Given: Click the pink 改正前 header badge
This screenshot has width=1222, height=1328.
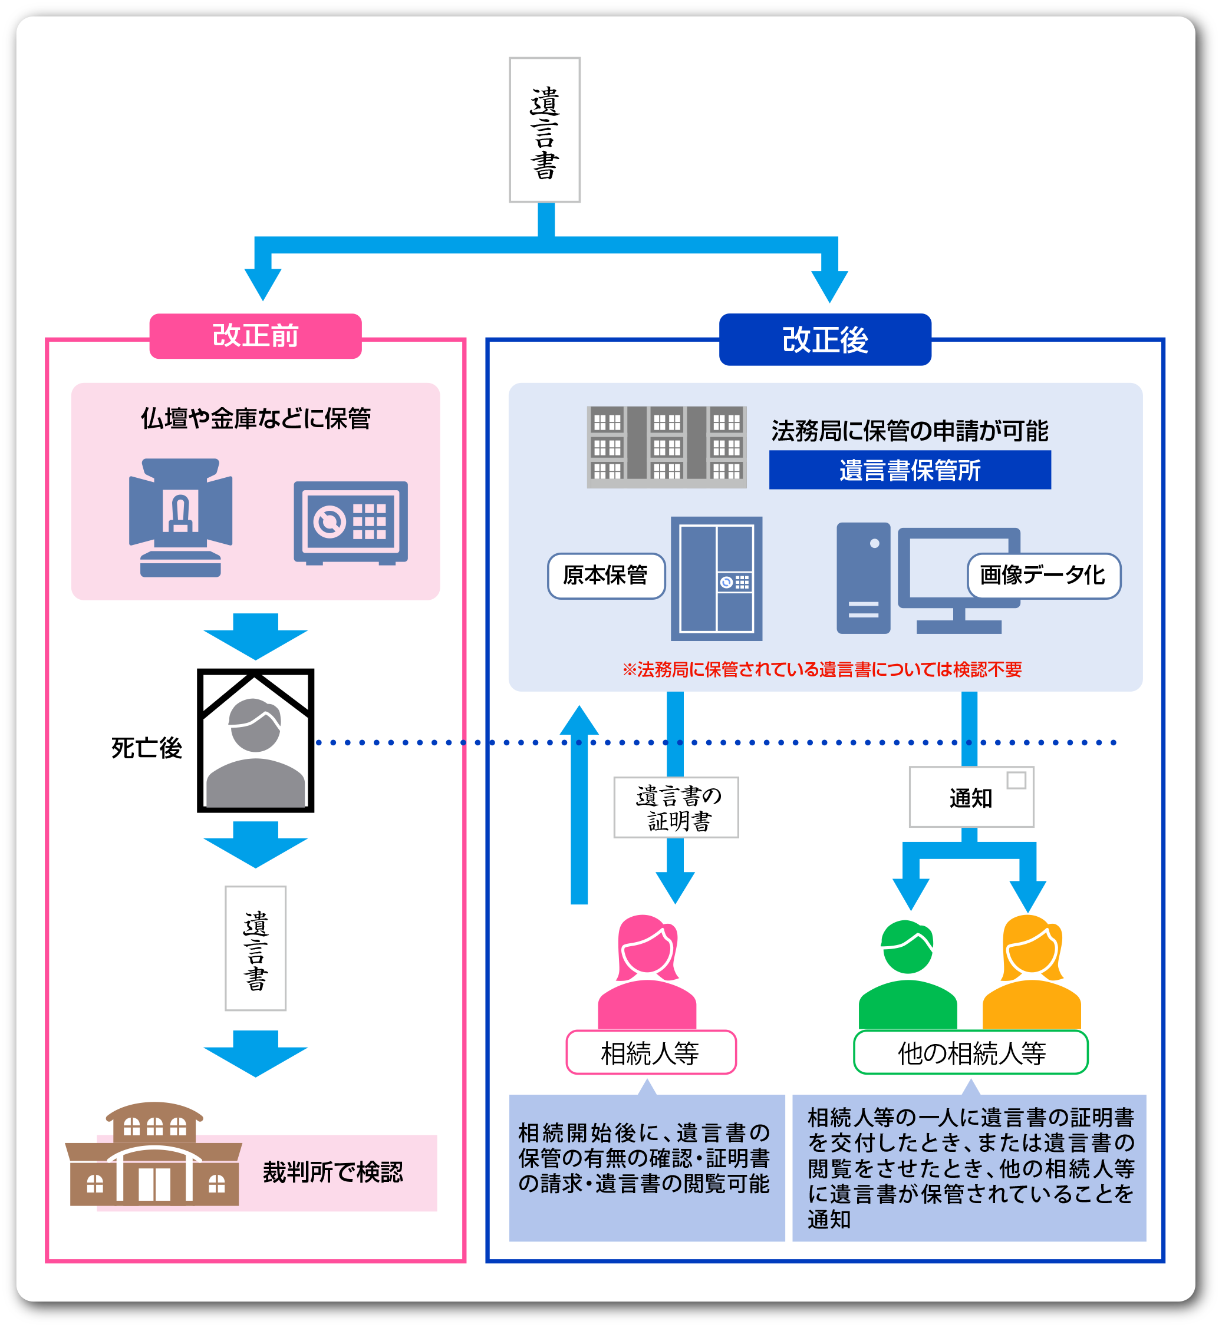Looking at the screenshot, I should (255, 336).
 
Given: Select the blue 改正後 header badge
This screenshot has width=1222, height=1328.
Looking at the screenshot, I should (825, 339).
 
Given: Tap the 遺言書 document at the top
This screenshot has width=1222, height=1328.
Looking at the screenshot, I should (544, 130).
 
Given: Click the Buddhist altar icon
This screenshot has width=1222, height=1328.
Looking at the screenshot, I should (180, 517).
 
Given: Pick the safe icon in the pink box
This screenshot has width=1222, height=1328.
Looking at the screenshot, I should (351, 522).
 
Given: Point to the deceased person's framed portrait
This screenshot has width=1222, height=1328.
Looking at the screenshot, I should (255, 741).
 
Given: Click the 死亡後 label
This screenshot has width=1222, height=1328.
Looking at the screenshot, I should (146, 748).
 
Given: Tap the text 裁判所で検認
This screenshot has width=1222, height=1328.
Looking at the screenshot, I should (332, 1172).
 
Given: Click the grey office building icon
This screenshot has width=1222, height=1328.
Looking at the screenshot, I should (667, 447).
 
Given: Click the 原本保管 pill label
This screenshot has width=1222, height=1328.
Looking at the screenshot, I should (606, 575).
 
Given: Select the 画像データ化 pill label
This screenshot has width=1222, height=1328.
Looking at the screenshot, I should (1043, 575).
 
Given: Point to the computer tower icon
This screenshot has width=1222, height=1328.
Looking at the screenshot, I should (863, 579).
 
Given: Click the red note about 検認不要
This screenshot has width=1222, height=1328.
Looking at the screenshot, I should (821, 670).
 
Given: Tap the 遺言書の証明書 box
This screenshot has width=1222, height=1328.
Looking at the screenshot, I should (676, 807).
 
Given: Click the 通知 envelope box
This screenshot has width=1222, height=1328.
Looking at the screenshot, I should (971, 797).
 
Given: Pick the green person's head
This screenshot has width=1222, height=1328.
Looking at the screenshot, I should (907, 947).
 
